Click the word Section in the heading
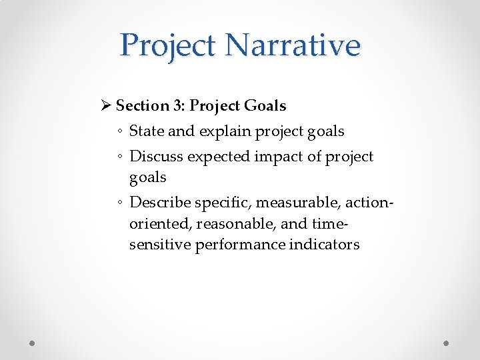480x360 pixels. pos(142,105)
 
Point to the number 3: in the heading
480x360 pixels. pos(179,105)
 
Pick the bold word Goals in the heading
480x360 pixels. pos(265,105)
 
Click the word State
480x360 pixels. pos(147,131)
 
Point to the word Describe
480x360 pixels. pos(161,202)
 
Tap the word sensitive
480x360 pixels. pos(160,245)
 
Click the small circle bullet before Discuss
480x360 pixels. pos(121,157)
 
